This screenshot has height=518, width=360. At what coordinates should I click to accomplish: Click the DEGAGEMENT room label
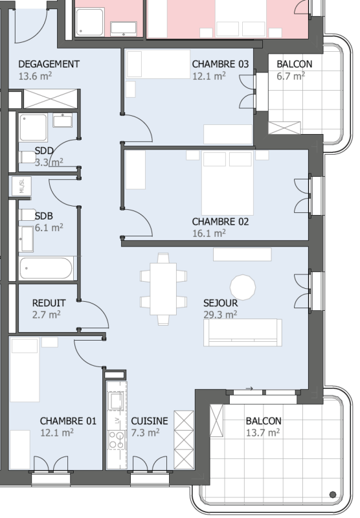coord(49,63)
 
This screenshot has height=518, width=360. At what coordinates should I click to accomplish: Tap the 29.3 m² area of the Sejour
coord(220,314)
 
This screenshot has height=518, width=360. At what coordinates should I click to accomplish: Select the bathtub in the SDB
coord(46,268)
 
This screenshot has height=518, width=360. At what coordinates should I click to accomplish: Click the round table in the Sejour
coord(243,287)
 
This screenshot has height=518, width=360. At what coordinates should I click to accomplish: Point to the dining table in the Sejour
coord(163,289)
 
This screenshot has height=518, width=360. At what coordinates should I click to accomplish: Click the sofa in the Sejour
coord(243,332)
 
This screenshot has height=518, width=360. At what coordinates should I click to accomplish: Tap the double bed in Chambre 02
coord(227,183)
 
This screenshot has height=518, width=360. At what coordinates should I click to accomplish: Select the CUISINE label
coord(150,421)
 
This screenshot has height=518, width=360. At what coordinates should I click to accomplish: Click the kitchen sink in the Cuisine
coord(117,401)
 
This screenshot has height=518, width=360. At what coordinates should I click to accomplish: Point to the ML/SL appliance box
coord(22,186)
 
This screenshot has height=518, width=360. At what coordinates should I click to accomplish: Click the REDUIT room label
coord(49,303)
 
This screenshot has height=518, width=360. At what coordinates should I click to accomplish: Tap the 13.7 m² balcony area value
coord(263,433)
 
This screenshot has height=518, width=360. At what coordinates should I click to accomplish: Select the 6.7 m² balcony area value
coord(291,76)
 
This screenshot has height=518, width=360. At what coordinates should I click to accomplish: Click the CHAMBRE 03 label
coord(220,63)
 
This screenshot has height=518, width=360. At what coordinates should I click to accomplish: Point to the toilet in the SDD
coord(27,157)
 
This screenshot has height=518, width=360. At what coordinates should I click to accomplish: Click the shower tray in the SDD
coord(34,128)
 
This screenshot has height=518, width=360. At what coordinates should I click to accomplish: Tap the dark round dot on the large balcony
coord(333,495)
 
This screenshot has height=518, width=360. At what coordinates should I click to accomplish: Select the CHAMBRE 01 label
coord(68,421)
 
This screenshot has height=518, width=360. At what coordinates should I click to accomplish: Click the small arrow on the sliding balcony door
coord(249,388)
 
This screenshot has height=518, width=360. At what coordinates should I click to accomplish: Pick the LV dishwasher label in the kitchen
coord(117,420)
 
